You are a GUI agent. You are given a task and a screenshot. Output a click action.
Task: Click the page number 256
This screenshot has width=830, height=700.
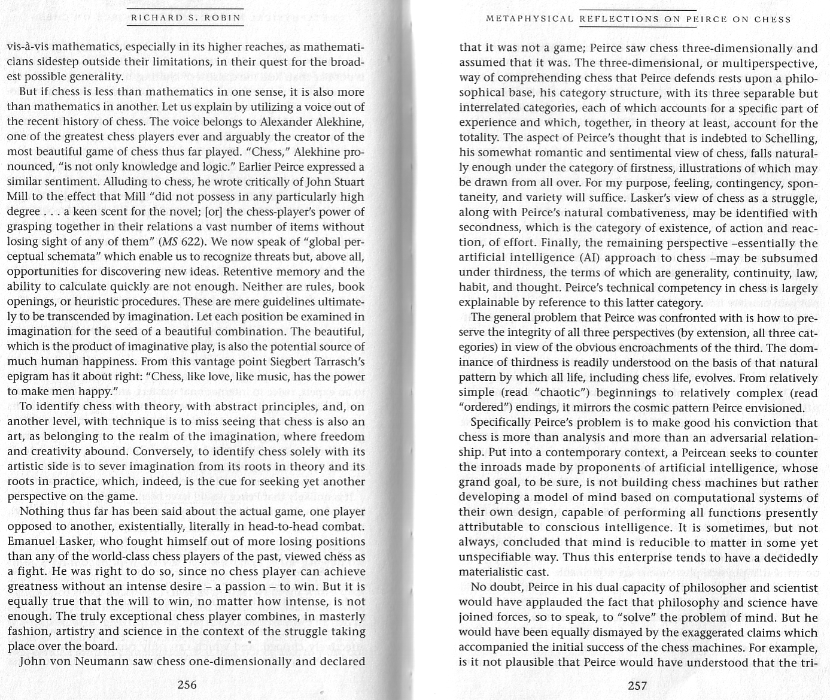187,684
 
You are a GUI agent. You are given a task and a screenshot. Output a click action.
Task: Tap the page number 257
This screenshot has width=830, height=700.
637,685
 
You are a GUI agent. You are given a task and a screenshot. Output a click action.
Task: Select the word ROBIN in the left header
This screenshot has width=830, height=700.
222,18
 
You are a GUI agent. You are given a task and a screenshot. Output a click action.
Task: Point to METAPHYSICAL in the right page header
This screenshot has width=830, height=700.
530,19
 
